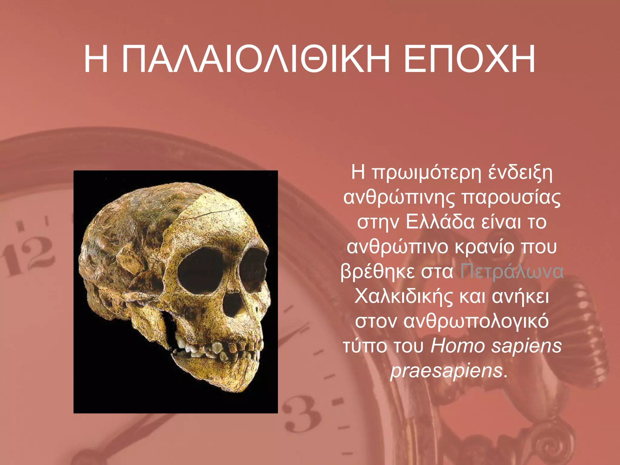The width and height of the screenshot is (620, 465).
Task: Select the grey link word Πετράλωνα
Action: pyautogui.click(x=512, y=271)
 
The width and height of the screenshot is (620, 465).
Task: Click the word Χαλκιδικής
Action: pyautogui.click(x=404, y=296)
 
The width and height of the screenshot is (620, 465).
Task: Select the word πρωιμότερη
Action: pyautogui.click(x=426, y=173)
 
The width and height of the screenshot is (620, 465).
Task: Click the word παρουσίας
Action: pyautogui.click(x=511, y=197)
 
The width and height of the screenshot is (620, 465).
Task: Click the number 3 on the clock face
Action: pyautogui.click(x=300, y=415)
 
